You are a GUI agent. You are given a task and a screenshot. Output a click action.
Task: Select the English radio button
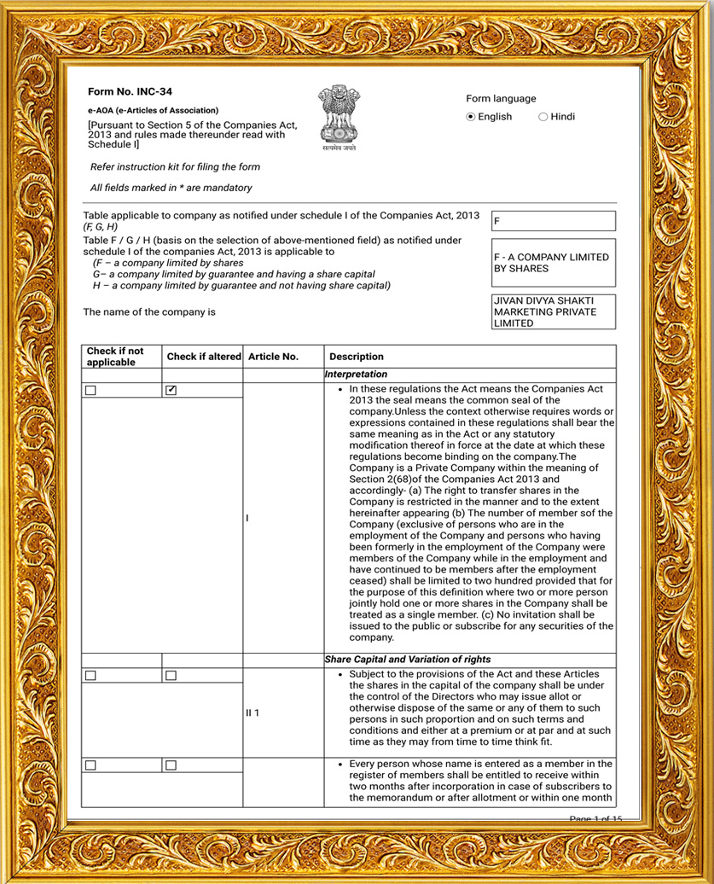[x=471, y=117]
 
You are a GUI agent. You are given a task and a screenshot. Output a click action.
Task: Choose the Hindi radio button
[x=543, y=117]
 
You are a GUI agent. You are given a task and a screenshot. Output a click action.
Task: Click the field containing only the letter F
[x=553, y=221]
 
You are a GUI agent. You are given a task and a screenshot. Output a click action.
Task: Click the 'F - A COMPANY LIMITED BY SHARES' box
[x=553, y=263]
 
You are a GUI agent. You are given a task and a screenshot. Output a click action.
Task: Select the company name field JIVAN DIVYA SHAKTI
[x=553, y=312]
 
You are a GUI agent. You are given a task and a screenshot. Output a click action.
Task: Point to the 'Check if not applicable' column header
[x=115, y=357]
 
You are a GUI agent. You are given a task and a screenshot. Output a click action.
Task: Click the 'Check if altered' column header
[x=204, y=357]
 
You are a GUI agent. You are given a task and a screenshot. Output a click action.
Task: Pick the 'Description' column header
[x=357, y=357]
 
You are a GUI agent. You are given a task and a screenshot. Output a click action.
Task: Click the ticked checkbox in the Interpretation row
[x=171, y=390]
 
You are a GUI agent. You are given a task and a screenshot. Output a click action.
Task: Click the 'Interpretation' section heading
[x=357, y=375]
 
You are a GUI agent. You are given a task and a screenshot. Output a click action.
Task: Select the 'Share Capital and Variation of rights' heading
[x=408, y=660]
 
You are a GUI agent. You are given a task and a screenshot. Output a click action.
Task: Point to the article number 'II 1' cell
[x=253, y=712]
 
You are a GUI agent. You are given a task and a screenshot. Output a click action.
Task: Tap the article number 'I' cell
[x=247, y=518]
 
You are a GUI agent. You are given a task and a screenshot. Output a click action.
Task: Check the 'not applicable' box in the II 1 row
[x=90, y=675]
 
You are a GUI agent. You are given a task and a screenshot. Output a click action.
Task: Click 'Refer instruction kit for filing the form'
[x=175, y=167]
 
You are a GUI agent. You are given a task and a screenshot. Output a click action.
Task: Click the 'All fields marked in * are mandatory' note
[x=171, y=188]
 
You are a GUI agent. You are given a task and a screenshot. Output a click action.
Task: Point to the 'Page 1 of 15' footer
[x=595, y=819]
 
